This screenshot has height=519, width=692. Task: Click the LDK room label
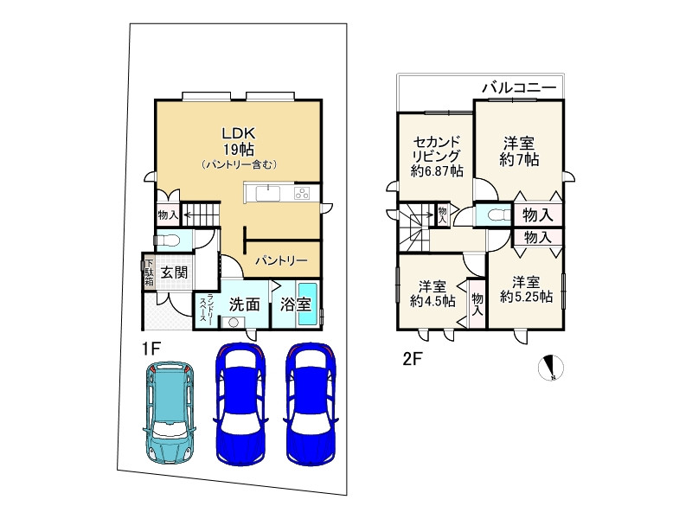click(239, 133)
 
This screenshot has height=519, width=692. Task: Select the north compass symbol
click(551, 367)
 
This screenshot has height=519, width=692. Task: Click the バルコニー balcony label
click(519, 88)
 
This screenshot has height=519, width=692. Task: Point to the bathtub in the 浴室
click(308, 304)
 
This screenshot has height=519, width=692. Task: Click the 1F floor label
click(150, 349)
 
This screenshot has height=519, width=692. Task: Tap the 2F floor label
click(413, 359)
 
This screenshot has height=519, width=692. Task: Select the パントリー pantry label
click(281, 261)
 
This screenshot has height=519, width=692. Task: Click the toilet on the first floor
click(167, 240)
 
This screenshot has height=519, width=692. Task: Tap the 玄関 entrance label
click(174, 272)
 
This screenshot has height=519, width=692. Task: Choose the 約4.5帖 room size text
click(432, 301)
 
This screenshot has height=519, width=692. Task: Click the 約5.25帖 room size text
click(526, 297)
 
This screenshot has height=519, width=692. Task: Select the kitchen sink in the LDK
click(267, 193)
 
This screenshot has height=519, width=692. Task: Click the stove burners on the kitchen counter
click(302, 193)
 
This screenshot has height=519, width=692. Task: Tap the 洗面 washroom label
click(244, 304)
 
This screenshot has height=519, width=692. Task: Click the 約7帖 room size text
click(519, 159)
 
